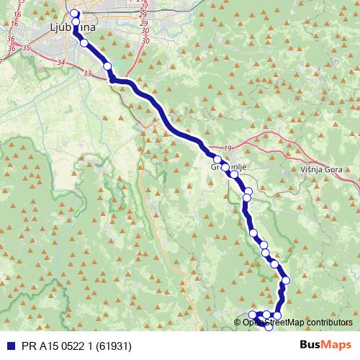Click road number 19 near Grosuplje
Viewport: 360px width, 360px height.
pyautogui.click(x=228, y=148)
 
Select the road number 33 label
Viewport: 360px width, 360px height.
pyautogui.click(x=88, y=73)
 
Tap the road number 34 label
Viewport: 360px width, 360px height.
pyautogui.click(x=60, y=63)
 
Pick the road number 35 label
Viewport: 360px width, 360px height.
pyautogui.click(x=27, y=48)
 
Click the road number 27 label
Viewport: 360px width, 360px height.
pyautogui.click(x=145, y=6)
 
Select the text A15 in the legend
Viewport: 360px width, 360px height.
pyautogui.click(x=46, y=345)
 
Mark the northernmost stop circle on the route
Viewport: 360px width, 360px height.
pyautogui.click(x=74, y=14)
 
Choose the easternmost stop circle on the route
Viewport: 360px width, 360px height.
pyautogui.click(x=286, y=280)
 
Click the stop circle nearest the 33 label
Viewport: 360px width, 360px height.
pyautogui.click(x=107, y=66)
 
